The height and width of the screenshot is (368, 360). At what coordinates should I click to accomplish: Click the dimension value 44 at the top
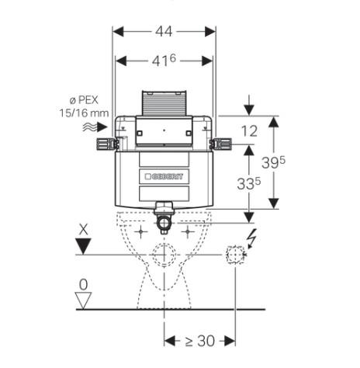pos(164,31)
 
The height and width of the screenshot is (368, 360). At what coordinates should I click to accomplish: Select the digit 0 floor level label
pos(84,283)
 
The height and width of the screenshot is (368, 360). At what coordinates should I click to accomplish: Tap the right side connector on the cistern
pos(223,144)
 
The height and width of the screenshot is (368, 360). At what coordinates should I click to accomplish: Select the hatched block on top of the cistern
pos(164,103)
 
